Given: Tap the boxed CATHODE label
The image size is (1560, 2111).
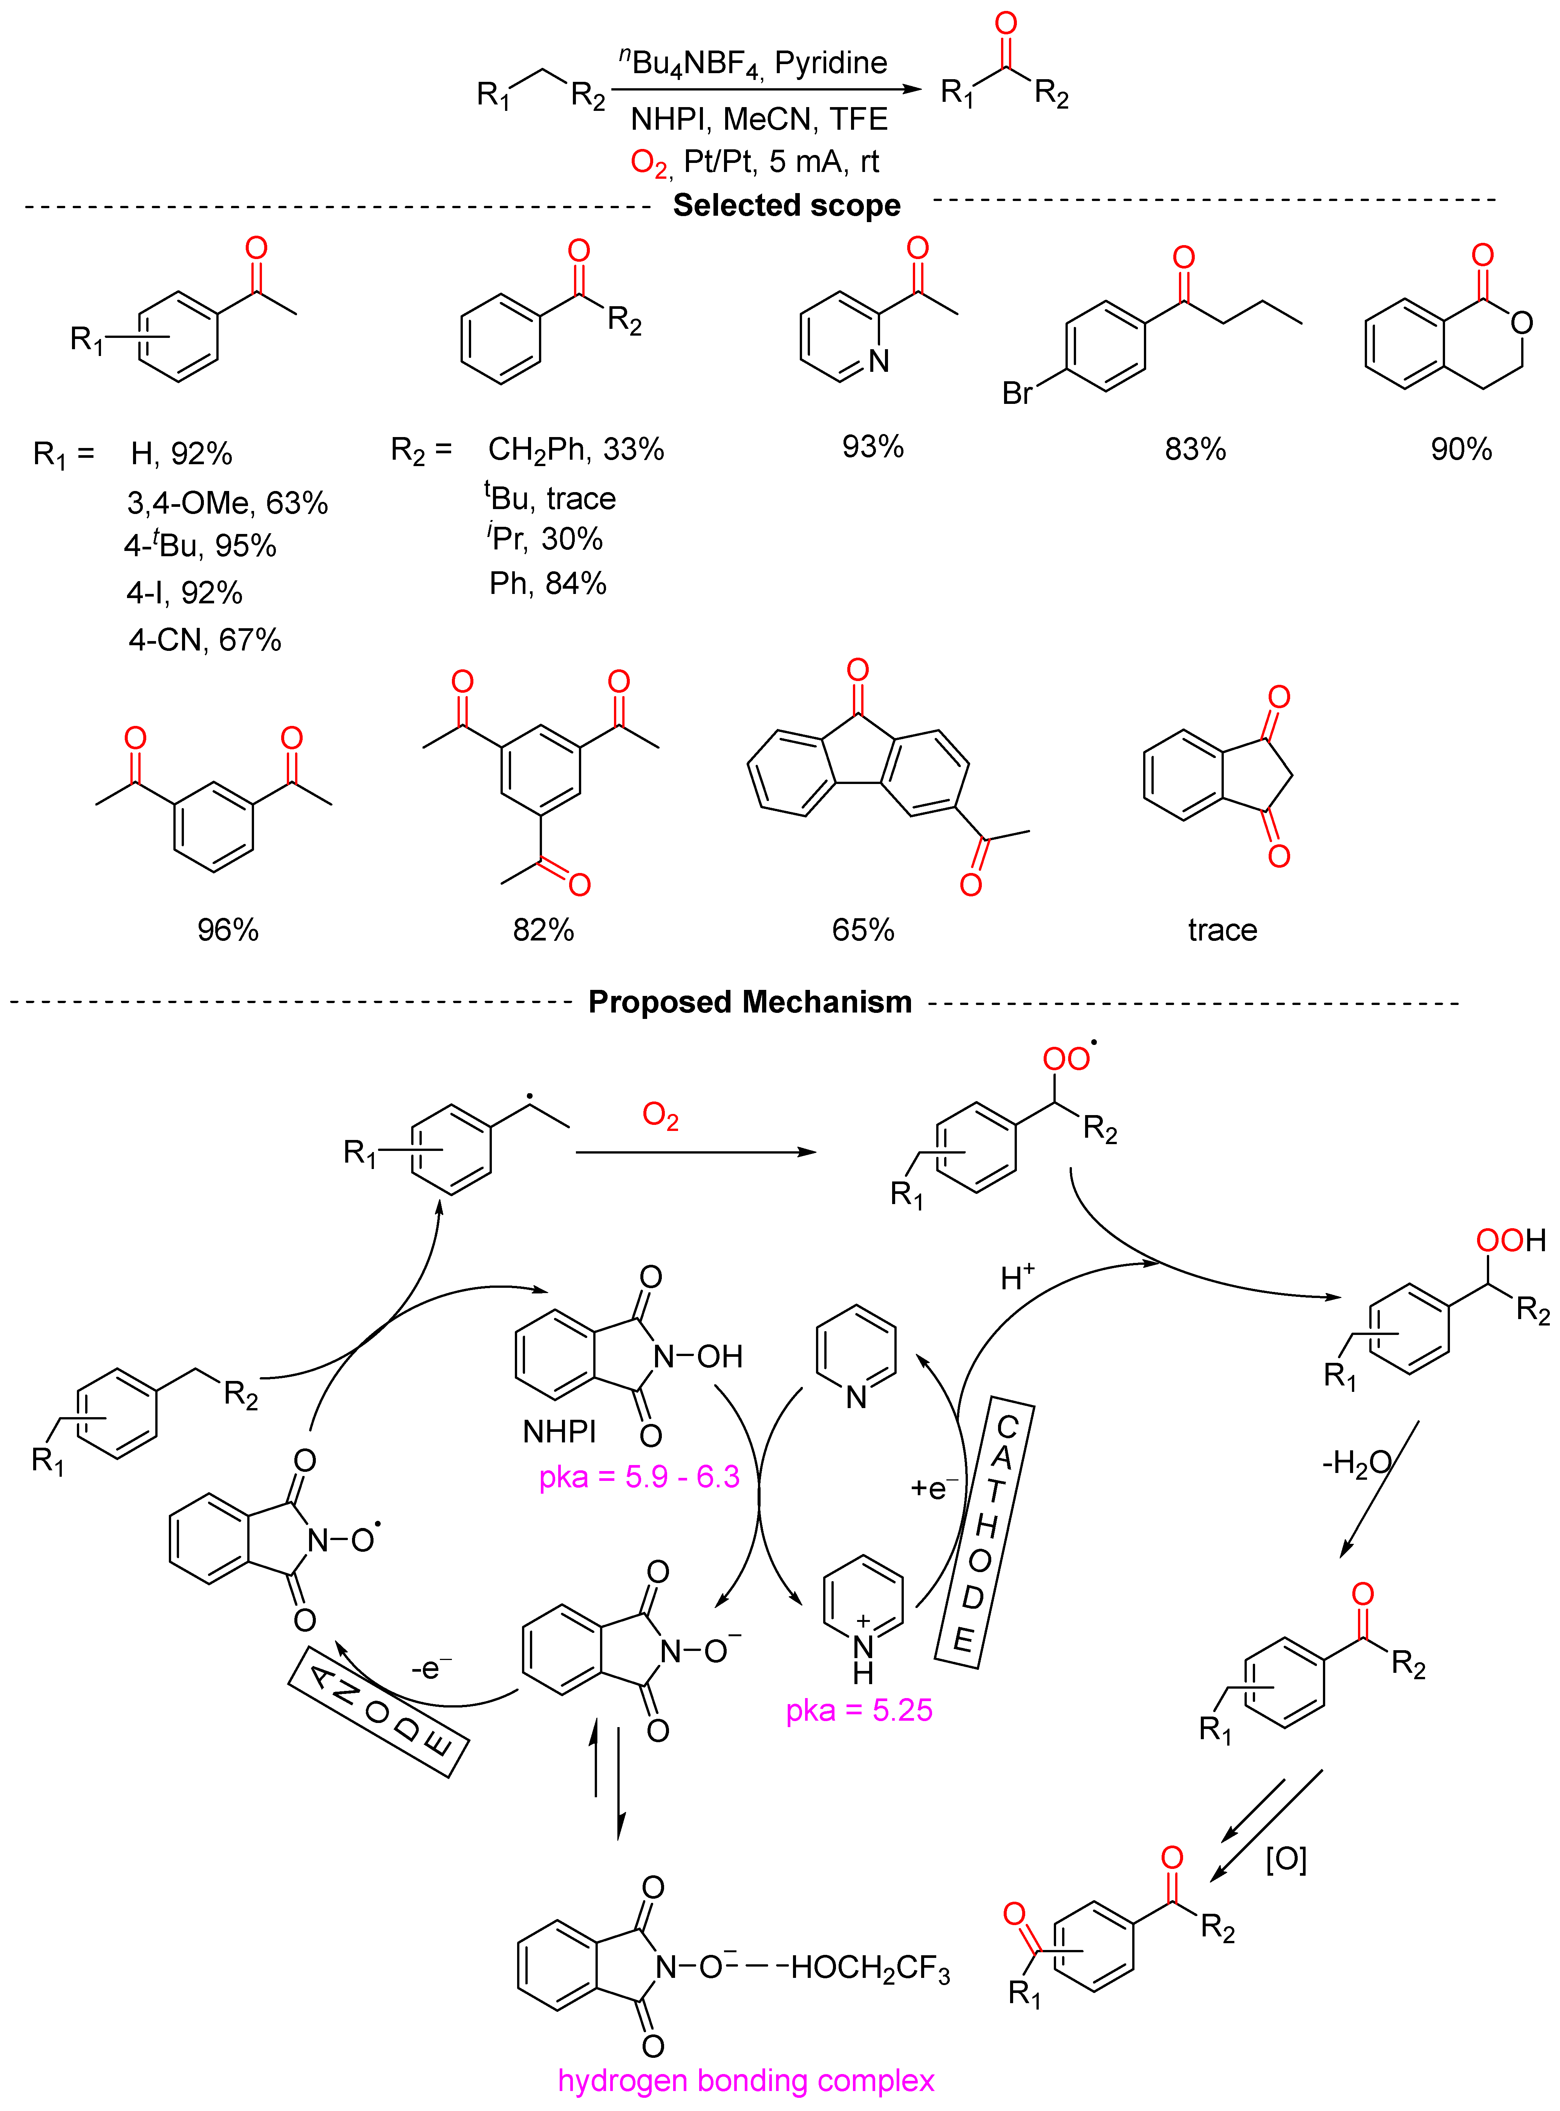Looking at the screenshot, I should pos(984,1535).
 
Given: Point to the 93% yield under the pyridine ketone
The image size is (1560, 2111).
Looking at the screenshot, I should pos(873,447).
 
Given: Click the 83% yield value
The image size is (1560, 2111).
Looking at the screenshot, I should pos(1194,450).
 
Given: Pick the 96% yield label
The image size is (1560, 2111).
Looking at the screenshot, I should pos(228,930).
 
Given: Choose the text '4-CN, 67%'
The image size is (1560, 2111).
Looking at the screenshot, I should pos(205,640).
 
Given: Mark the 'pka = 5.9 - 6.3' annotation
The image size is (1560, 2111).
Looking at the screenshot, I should pos(639,1476).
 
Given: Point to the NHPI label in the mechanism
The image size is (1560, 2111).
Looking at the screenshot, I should pos(559,1432).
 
